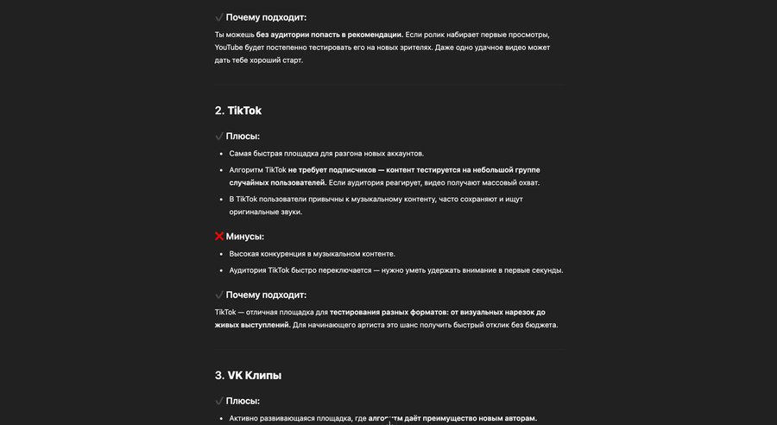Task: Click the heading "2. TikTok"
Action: (x=238, y=111)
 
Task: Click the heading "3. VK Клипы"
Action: (x=248, y=375)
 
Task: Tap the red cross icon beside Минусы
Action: (x=219, y=237)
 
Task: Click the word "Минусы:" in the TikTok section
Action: (x=244, y=237)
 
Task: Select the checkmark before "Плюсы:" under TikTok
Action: (x=219, y=136)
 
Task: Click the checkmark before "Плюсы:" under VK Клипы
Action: (x=219, y=401)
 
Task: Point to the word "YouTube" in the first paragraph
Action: (x=231, y=48)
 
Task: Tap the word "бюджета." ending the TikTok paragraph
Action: (x=541, y=325)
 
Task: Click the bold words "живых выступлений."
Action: (x=253, y=325)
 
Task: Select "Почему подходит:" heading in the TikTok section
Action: (x=266, y=295)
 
